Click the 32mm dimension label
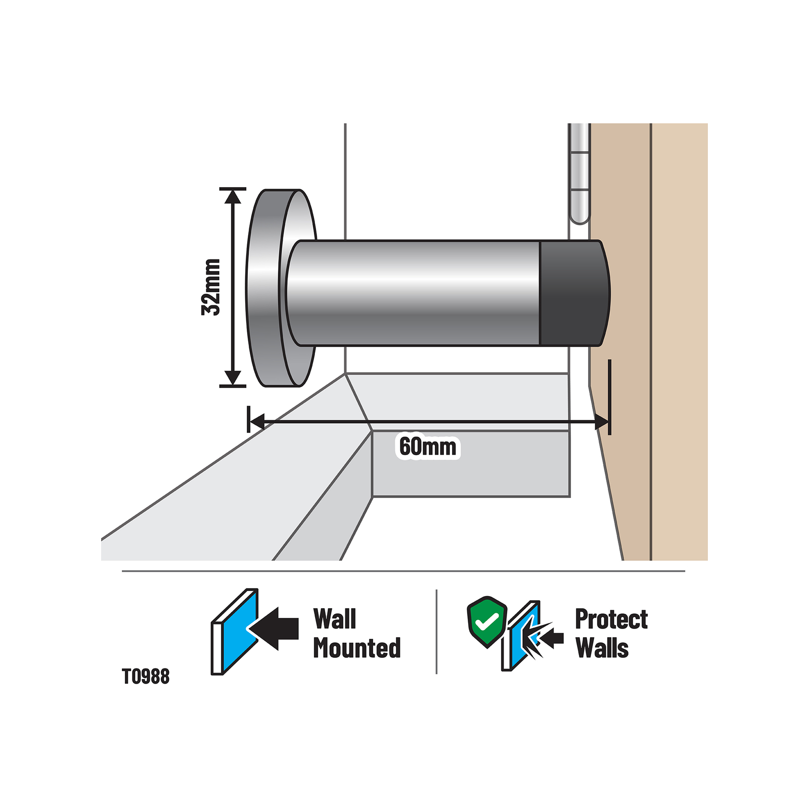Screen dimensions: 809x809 (x=211, y=287)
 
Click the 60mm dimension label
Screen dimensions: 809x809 (x=428, y=446)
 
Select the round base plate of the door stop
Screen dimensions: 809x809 (x=268, y=288)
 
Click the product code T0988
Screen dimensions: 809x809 (x=146, y=677)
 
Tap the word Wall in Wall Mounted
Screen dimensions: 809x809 (x=335, y=619)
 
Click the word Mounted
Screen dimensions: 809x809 (x=357, y=648)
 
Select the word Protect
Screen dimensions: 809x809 (x=611, y=619)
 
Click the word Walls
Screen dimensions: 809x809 (x=602, y=648)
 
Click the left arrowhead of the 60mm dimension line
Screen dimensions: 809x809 (x=257, y=421)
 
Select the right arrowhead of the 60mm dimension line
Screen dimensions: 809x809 (x=601, y=422)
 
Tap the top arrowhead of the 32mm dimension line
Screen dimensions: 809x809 (x=233, y=196)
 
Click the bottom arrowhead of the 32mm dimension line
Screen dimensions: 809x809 (x=233, y=378)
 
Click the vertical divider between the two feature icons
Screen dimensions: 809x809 (x=436, y=632)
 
